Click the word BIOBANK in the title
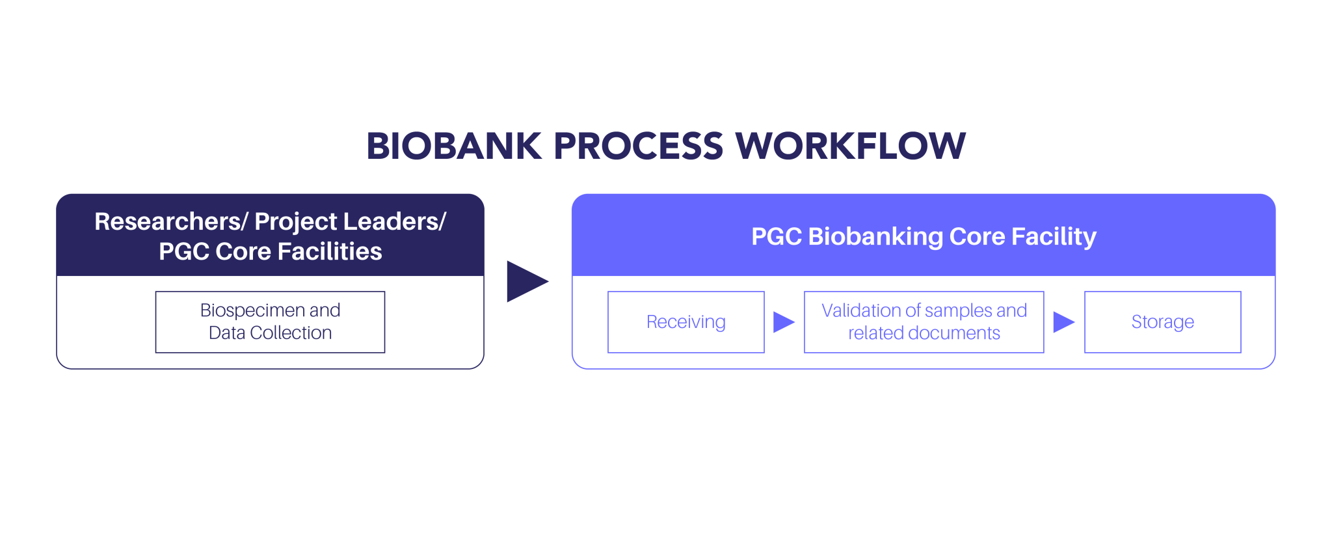453,146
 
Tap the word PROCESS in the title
637,146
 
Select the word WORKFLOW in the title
850,146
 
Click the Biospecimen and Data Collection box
270,321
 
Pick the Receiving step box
686,321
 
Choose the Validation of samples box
924,321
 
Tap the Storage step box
1162,321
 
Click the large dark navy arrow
526,281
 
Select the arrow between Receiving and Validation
783,321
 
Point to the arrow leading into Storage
1063,321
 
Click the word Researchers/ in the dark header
171,222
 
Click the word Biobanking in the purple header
875,236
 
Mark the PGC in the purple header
776,236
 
